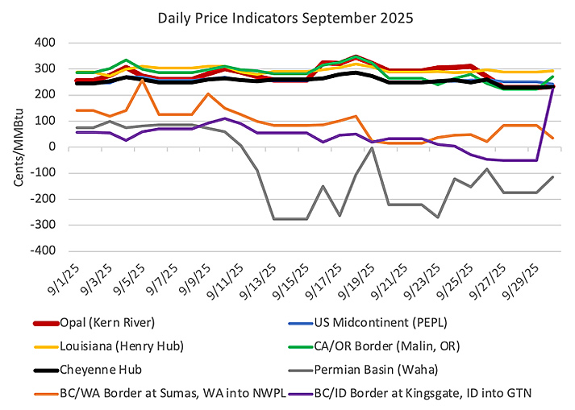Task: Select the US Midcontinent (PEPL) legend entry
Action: [x=378, y=323]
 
